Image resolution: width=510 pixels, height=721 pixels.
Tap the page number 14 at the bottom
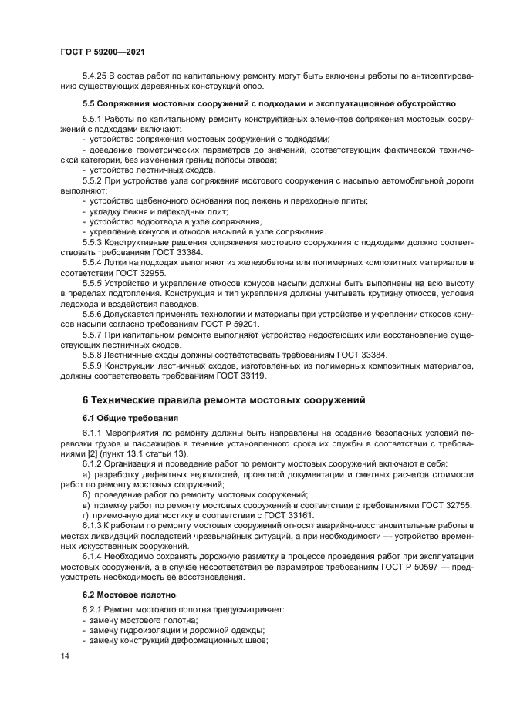click(65, 655)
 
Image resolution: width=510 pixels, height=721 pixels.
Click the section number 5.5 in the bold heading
click(90, 103)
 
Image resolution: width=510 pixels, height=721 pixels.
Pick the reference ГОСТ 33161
click(293, 514)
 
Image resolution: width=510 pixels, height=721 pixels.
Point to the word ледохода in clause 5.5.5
click(81, 305)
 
